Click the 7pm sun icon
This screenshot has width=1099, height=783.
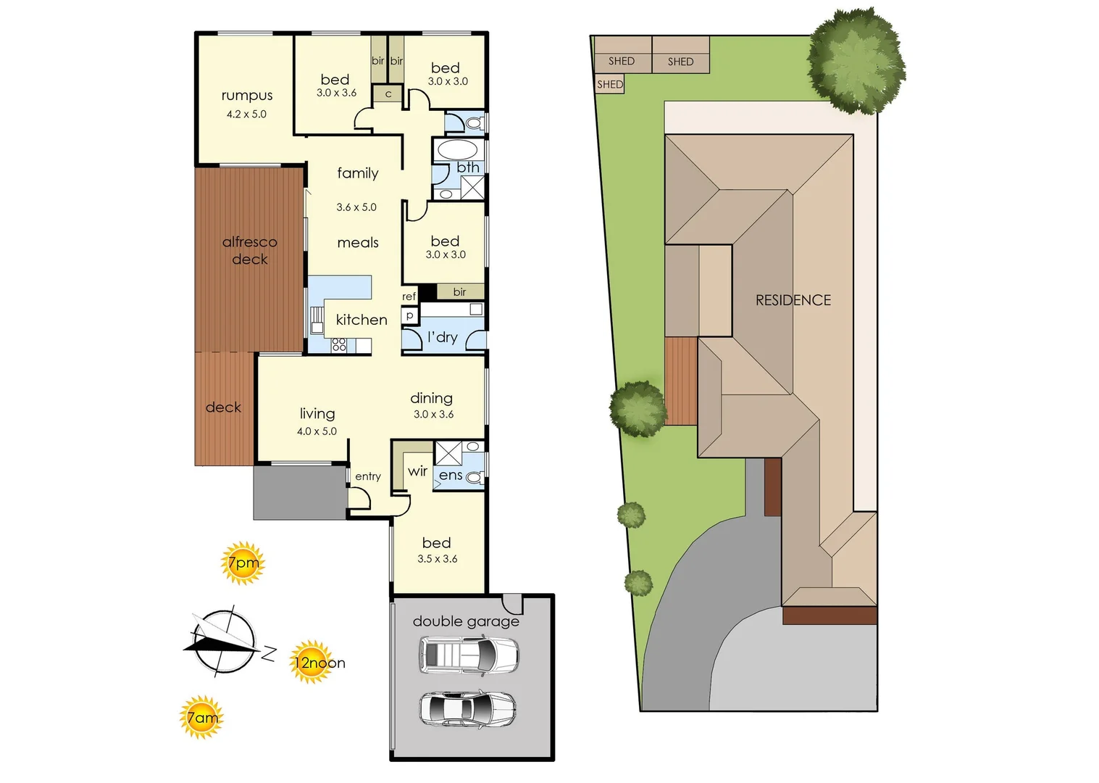243,563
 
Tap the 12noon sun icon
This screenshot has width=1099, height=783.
312,661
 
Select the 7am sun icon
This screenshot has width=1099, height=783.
201,717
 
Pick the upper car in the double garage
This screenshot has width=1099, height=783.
469,655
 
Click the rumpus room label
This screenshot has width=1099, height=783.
247,96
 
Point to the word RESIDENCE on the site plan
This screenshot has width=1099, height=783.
793,300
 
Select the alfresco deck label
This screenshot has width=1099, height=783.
250,250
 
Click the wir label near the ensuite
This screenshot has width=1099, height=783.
417,471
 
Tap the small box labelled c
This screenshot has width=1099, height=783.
388,94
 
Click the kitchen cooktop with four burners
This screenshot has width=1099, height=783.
339,345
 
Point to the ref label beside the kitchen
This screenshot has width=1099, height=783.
409,297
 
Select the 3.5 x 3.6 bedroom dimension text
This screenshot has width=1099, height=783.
438,559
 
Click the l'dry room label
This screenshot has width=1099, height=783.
442,337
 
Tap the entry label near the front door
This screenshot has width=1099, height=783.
368,476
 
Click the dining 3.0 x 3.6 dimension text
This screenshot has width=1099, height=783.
433,415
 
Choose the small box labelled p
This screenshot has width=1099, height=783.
410,315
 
